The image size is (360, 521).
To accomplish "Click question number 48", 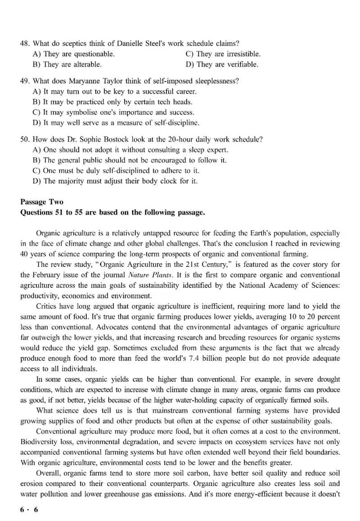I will tap(25, 44).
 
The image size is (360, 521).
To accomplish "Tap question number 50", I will tap(25, 139).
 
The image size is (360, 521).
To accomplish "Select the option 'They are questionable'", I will tap(79, 54).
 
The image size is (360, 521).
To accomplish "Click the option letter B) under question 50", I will tap(37, 160).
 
